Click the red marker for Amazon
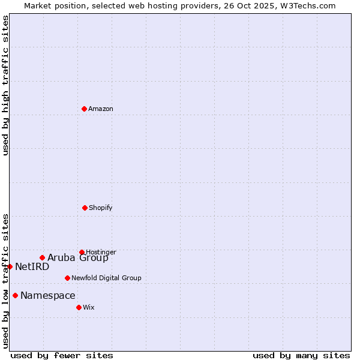click(84, 109)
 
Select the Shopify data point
click(85, 208)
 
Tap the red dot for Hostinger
click(82, 252)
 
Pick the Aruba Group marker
click(42, 258)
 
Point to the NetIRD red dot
click(10, 266)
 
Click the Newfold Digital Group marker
click(67, 278)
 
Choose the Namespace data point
click(15, 295)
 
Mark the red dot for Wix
click(79, 307)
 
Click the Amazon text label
click(101, 109)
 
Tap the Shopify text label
click(101, 208)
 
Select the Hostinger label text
click(101, 252)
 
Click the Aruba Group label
click(78, 258)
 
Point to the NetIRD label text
click(32, 266)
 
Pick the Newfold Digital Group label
click(106, 278)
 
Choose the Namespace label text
click(48, 295)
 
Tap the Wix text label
click(89, 307)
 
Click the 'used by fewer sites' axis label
click(62, 355)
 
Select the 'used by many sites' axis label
click(301, 355)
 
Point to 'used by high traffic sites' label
click(5, 85)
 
